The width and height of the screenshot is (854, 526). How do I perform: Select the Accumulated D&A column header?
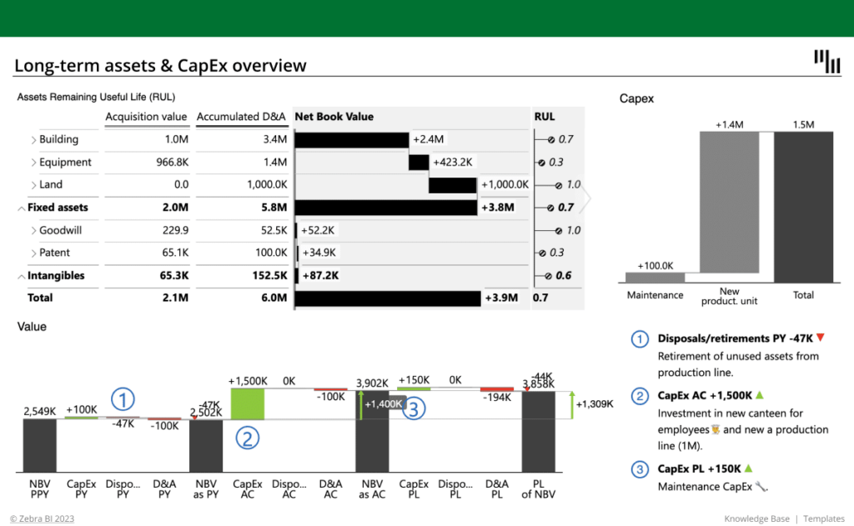tap(241, 117)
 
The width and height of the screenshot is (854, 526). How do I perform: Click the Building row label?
tap(58, 139)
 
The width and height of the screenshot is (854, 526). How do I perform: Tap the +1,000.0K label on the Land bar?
tap(505, 185)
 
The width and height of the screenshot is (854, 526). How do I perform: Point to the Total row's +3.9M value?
tap(500, 298)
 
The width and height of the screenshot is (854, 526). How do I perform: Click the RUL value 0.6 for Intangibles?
tap(564, 276)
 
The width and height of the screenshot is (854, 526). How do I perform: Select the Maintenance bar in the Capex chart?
tap(655, 278)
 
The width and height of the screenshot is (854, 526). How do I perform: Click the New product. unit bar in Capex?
tap(729, 203)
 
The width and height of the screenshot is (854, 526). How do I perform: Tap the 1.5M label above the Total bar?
tap(803, 125)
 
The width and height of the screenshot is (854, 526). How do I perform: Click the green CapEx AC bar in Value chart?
tap(247, 403)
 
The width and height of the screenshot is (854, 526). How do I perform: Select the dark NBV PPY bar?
tap(39, 445)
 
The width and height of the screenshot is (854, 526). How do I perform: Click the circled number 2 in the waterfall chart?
tap(247, 437)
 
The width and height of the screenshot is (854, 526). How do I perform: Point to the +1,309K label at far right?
tap(594, 404)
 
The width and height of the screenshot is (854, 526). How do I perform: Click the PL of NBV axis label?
tap(538, 488)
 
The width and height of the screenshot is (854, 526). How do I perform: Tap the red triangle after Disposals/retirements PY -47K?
tap(820, 338)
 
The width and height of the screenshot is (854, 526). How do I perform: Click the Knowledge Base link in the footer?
tap(756, 519)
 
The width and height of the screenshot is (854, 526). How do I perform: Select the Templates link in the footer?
tap(825, 519)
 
